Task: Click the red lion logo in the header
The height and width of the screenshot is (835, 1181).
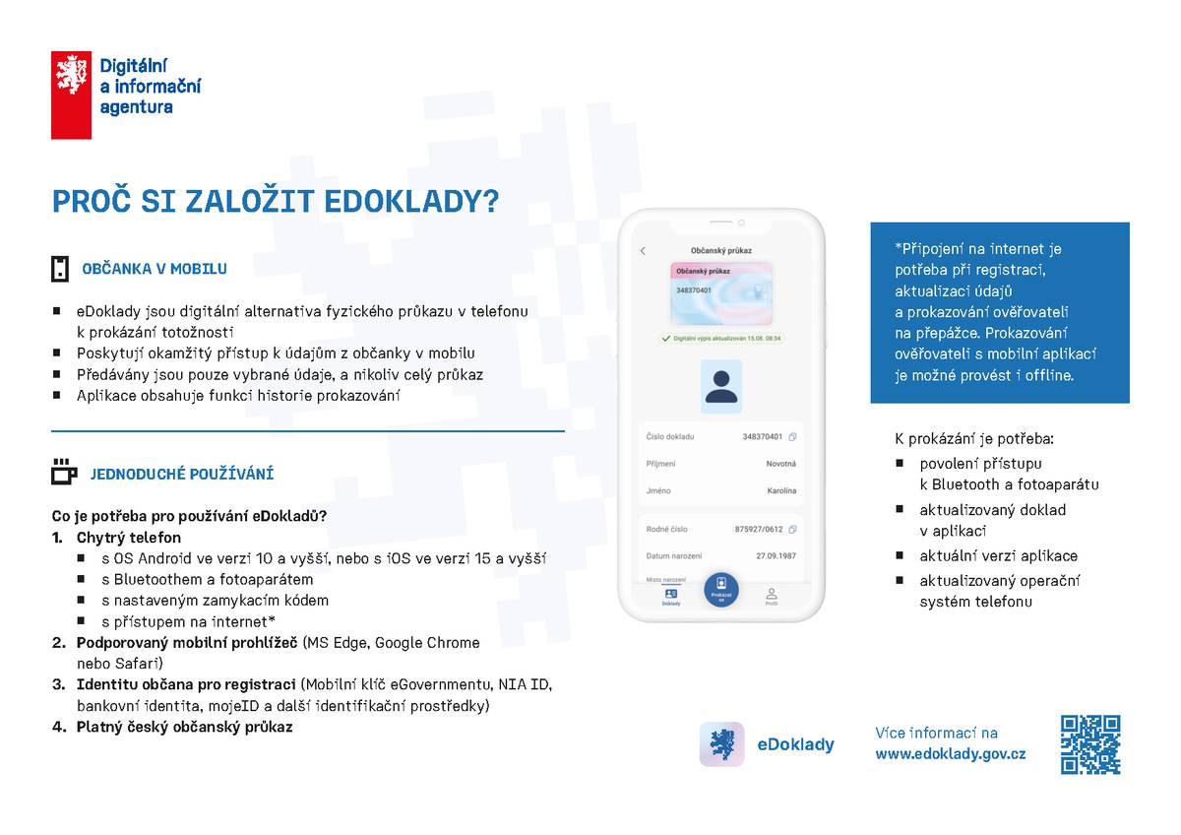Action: (71, 95)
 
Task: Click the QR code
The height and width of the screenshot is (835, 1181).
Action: (1090, 744)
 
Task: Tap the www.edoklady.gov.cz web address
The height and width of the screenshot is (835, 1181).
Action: (950, 754)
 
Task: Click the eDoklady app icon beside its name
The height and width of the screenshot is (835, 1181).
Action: (721, 744)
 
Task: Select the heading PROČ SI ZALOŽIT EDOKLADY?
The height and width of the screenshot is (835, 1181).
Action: (276, 202)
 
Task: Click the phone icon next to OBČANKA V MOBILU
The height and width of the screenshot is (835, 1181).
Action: (61, 269)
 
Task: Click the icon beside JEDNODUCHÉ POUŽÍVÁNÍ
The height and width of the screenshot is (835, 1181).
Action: (64, 473)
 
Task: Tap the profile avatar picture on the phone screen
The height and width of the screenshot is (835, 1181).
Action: (721, 386)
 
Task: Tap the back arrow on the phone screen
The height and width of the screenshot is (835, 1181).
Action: (644, 251)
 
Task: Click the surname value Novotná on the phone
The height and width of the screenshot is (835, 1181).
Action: (780, 464)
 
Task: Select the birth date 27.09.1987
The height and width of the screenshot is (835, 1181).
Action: (776, 556)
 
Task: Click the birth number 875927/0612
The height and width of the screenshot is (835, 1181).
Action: (759, 529)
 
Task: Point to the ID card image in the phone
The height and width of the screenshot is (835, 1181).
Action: (721, 293)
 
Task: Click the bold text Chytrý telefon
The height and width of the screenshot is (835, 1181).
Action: (129, 538)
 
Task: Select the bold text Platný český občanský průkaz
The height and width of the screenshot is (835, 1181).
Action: (184, 727)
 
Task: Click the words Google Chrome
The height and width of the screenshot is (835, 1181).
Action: (433, 643)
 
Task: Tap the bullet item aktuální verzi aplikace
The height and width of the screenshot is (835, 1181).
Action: (998, 555)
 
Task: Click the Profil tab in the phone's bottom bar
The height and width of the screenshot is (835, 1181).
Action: (772, 596)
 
